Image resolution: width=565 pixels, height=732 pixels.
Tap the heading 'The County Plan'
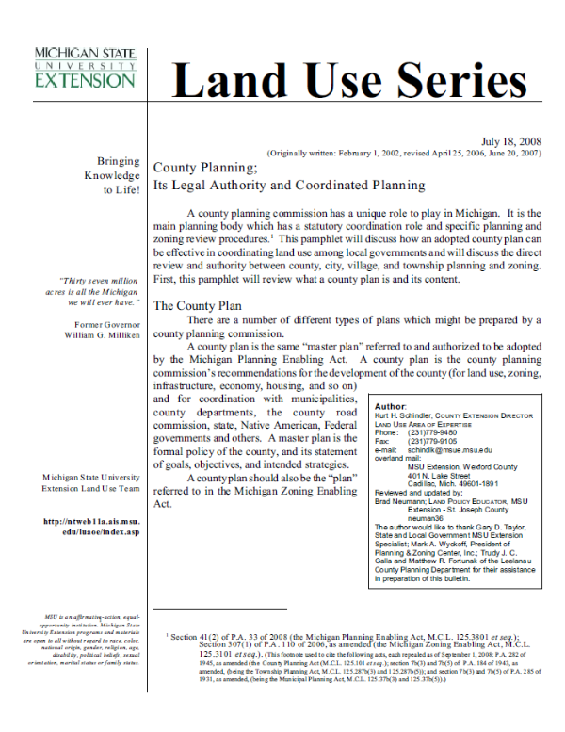click(x=199, y=305)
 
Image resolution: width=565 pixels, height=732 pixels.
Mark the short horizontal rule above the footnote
click(x=206, y=610)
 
